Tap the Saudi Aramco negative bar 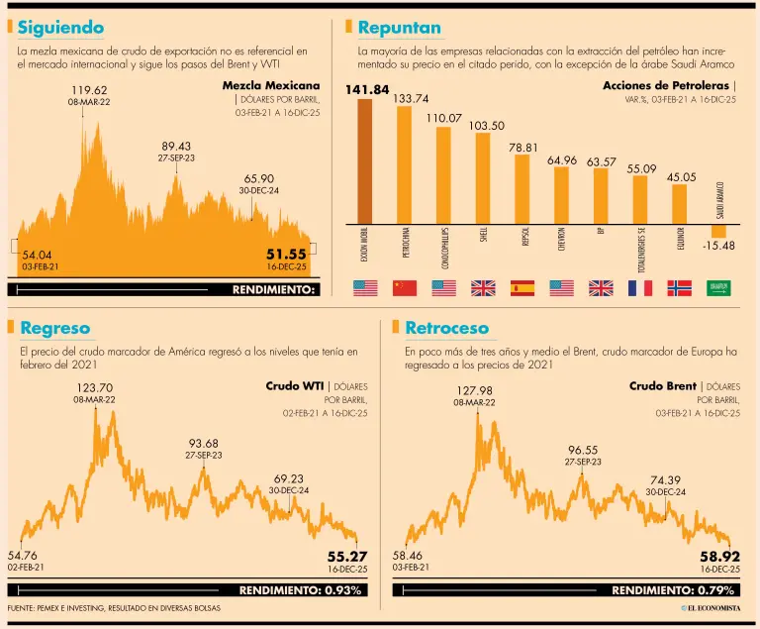tap(718, 232)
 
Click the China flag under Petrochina tap(405, 288)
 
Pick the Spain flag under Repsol tap(522, 288)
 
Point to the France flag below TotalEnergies tap(640, 288)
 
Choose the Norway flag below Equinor tap(680, 288)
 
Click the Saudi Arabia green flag tap(718, 288)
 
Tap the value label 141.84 tap(367, 90)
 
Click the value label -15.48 tap(717, 247)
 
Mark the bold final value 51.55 tap(286, 255)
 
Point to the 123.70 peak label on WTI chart tap(94, 388)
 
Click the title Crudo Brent tap(662, 385)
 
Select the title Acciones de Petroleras tap(665, 85)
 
